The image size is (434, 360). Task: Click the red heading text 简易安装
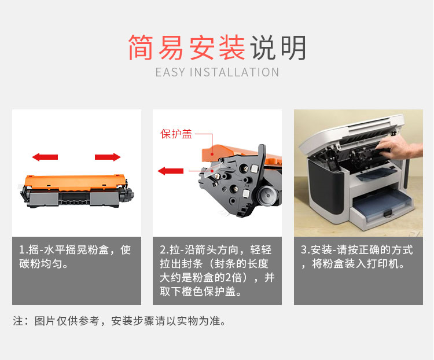pos(186,47)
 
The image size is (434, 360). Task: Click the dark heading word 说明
pos(278,47)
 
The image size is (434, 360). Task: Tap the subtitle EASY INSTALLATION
pos(217,72)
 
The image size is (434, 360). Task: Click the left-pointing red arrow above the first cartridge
pos(45,157)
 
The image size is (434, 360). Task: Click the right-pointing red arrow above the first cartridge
pos(108,157)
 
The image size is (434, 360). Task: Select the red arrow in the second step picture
pos(171,171)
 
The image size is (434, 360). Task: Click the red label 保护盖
pos(176,134)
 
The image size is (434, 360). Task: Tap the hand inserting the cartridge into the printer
pos(400,148)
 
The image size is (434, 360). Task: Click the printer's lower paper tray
pos(383,204)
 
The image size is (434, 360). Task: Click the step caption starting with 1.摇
pos(75,256)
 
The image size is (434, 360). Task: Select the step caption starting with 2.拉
pos(217,270)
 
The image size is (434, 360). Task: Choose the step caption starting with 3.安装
pos(357,256)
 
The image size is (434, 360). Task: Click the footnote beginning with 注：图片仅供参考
pos(120,321)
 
